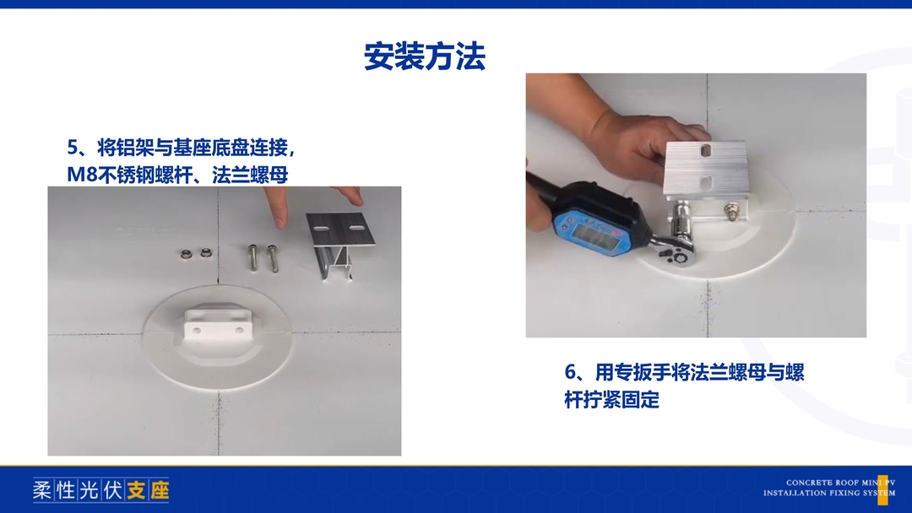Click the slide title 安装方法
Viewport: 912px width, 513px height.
(x=425, y=57)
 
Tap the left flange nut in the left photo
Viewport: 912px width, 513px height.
(x=187, y=253)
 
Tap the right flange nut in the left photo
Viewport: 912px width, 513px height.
(x=205, y=253)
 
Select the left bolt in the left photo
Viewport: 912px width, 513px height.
(x=253, y=257)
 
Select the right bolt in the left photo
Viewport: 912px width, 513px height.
(x=272, y=258)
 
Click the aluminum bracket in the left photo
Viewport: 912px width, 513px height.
(x=339, y=246)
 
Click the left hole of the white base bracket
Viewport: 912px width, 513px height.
(x=197, y=331)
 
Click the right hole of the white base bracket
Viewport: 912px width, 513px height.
(x=239, y=330)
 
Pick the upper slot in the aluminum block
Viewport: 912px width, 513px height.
(x=704, y=151)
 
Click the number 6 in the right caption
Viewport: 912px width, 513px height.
(x=570, y=372)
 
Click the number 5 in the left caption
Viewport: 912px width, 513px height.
(x=73, y=148)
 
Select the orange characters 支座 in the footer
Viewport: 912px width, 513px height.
(x=148, y=490)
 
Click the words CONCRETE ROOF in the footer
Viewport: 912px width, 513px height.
(x=822, y=483)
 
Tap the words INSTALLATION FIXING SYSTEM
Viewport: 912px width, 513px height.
(x=829, y=494)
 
